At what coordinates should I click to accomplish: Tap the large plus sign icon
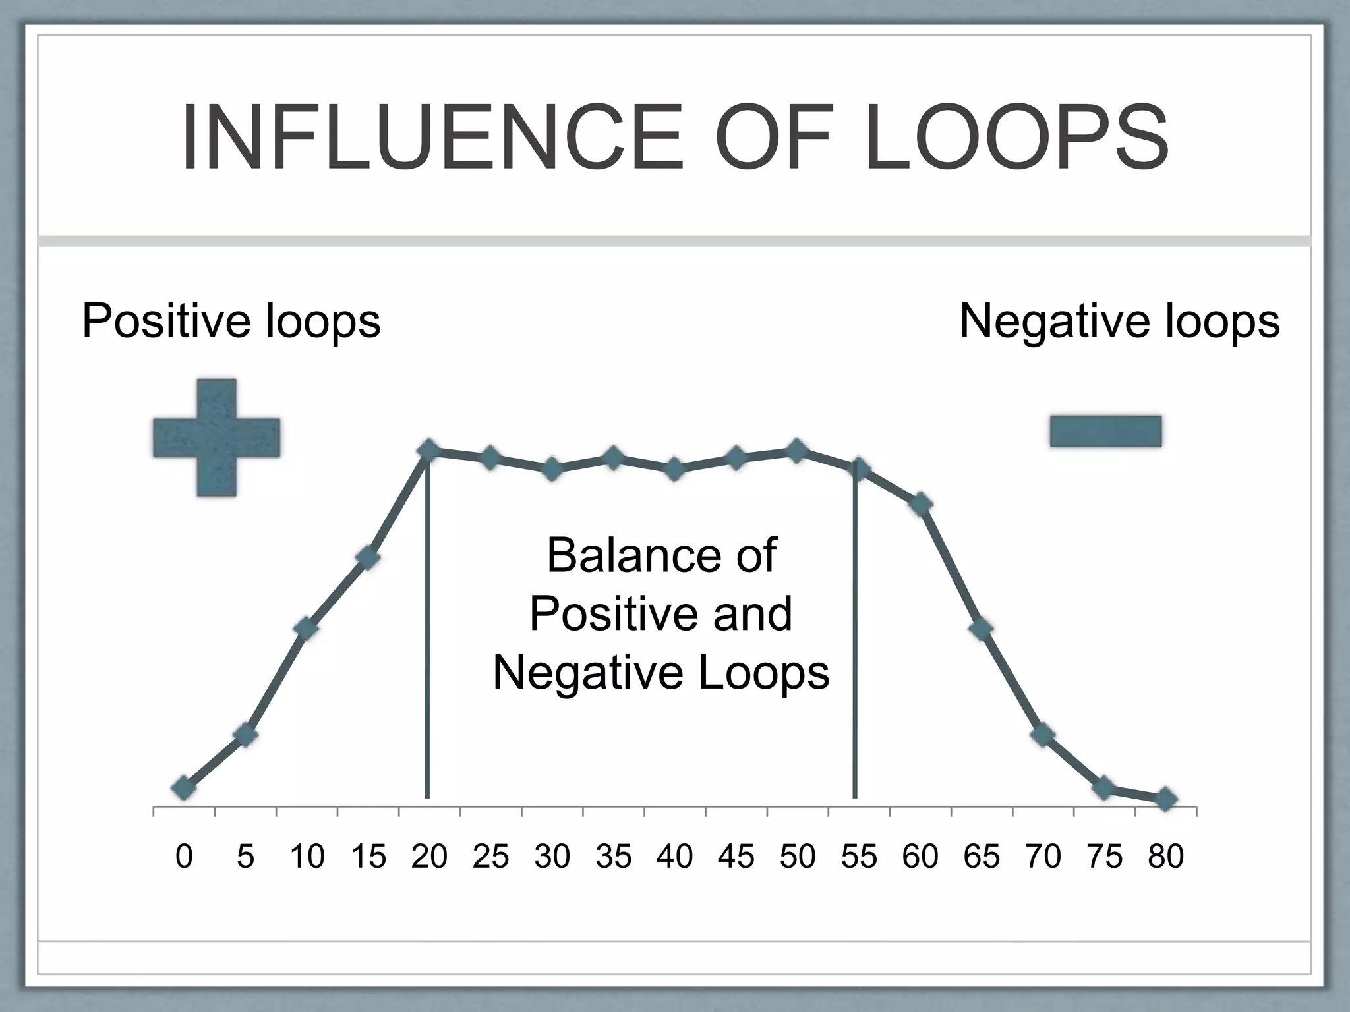click(216, 437)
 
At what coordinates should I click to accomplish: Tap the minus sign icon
click(1105, 432)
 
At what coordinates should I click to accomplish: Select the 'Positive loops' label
click(231, 321)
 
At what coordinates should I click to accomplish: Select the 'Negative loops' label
click(1119, 321)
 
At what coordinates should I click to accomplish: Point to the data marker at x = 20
click(428, 451)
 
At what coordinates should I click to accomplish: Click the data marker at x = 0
click(183, 788)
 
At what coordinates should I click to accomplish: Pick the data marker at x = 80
click(1165, 799)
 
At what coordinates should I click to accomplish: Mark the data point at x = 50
click(797, 451)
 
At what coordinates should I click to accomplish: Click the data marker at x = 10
click(307, 628)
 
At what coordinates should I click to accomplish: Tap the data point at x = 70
click(1043, 734)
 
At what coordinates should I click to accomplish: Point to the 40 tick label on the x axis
click(674, 857)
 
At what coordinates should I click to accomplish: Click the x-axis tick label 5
click(245, 857)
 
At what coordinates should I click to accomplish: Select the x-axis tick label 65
click(982, 857)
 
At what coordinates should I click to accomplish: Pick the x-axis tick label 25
click(490, 857)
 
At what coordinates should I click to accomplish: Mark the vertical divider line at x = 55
click(855, 659)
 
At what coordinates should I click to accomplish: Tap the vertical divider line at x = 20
click(428, 659)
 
